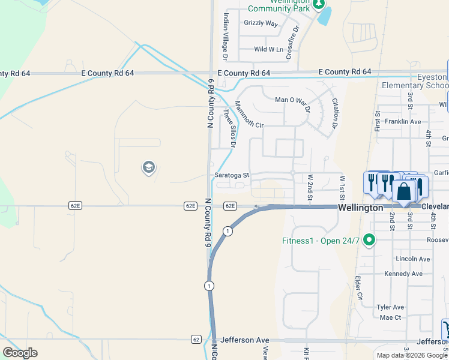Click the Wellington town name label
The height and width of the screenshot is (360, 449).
click(x=360, y=208)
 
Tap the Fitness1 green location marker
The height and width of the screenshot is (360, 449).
click(x=370, y=241)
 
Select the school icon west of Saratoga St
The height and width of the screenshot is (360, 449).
click(x=148, y=167)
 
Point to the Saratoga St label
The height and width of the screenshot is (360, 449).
click(x=231, y=175)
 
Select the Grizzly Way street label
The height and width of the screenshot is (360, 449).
click(x=261, y=23)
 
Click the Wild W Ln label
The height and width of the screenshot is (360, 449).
click(x=268, y=49)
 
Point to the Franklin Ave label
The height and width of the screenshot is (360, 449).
click(x=403, y=121)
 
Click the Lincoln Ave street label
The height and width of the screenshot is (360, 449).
click(x=413, y=259)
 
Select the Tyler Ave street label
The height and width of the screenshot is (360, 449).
click(x=390, y=307)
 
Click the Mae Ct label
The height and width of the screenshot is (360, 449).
click(x=390, y=317)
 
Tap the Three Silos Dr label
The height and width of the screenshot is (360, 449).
click(x=229, y=127)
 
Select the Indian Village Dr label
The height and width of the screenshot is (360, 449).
click(x=226, y=36)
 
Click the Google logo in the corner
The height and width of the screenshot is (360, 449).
click(x=20, y=353)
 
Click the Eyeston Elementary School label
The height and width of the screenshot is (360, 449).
click(x=415, y=82)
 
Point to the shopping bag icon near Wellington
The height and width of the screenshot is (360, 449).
click(x=405, y=191)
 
